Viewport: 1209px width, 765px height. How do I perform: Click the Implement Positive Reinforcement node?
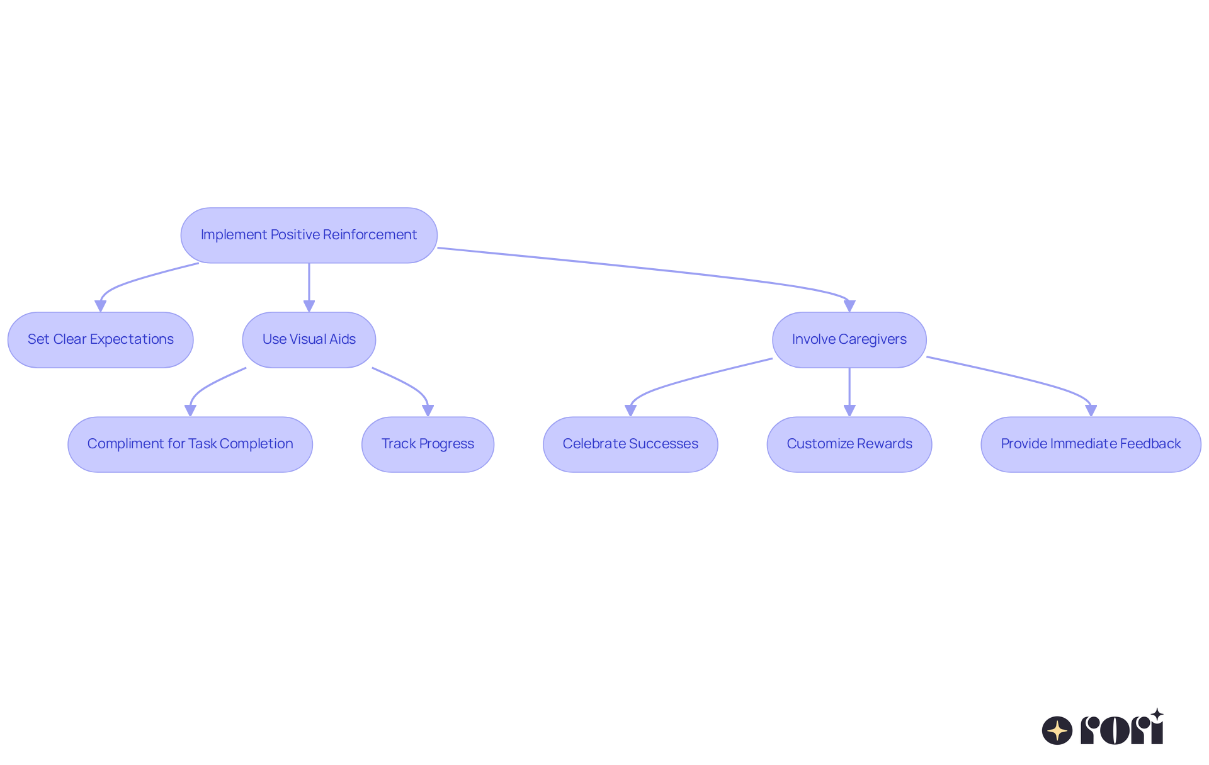tap(309, 235)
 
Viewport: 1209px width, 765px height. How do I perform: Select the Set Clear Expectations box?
tap(100, 339)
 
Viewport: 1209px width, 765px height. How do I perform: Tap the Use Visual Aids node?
tap(309, 339)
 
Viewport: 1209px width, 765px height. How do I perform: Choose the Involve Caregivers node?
tap(849, 339)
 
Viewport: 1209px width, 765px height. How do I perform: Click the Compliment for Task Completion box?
tap(190, 444)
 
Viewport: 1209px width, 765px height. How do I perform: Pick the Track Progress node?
tap(428, 444)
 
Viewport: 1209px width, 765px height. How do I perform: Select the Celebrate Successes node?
tap(630, 444)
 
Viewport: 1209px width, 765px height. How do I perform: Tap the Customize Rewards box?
tap(849, 444)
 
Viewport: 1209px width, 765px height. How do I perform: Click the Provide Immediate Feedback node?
tap(1091, 444)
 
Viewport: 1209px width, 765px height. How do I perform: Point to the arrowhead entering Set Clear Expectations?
tap(100, 306)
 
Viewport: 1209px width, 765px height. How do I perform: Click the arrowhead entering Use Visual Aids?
tap(309, 306)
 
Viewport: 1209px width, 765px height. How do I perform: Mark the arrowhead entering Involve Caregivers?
tap(849, 306)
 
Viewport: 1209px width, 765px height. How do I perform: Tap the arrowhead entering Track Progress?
tap(428, 411)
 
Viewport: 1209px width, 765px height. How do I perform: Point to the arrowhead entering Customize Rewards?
tap(849, 411)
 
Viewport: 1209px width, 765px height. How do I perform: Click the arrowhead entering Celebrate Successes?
tap(630, 411)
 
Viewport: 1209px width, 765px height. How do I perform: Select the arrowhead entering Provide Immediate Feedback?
tap(1091, 411)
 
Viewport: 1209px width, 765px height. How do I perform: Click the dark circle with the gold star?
tap(1057, 730)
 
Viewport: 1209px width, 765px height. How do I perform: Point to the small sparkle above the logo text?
tap(1157, 715)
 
